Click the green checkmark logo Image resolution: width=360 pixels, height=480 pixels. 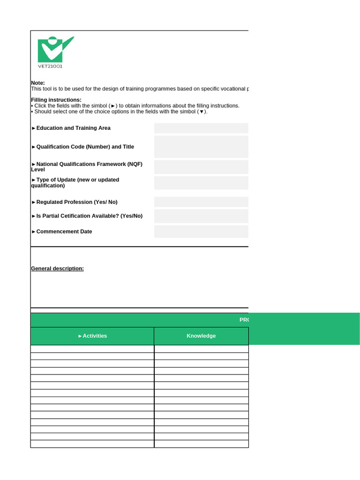(55, 49)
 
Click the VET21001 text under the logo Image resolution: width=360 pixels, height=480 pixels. (50, 66)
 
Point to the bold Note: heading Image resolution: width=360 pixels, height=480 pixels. (38, 83)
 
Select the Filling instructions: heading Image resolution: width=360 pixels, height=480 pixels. (56, 100)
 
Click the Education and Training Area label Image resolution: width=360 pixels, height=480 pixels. (73, 128)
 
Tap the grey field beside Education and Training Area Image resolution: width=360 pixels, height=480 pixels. (201, 128)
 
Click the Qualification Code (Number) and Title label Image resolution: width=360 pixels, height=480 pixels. (85, 147)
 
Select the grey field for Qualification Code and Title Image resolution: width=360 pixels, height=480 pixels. (201, 147)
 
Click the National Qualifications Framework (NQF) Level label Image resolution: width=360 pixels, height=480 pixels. (87, 166)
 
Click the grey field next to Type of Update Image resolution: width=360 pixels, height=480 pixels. (201, 183)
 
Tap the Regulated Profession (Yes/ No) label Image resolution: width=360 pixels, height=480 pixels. (76, 202)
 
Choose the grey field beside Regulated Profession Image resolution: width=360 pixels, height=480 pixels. (201, 202)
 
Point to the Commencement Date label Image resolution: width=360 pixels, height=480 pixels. (64, 232)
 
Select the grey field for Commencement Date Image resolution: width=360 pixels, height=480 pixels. (201, 232)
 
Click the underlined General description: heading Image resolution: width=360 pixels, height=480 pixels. (57, 269)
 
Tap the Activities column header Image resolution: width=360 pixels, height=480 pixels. (93, 336)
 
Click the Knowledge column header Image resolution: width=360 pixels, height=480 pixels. (201, 336)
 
